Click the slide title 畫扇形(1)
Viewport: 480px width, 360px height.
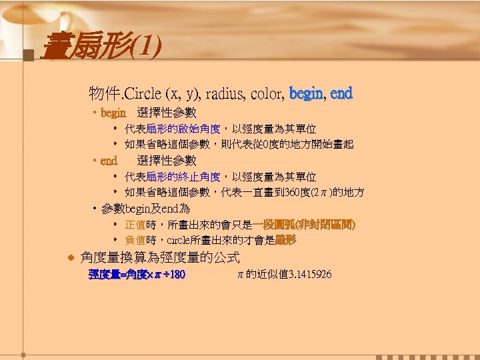[x=100, y=47]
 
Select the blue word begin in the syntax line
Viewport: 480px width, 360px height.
[x=306, y=93]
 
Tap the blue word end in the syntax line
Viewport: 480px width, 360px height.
[x=341, y=93]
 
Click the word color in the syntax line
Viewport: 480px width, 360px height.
[x=267, y=93]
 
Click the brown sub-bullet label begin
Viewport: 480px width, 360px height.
[x=113, y=113]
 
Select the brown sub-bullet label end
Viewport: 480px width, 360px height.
[x=109, y=160]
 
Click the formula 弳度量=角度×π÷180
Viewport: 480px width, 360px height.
[x=137, y=275]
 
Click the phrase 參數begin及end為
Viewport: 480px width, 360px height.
[x=146, y=209]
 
